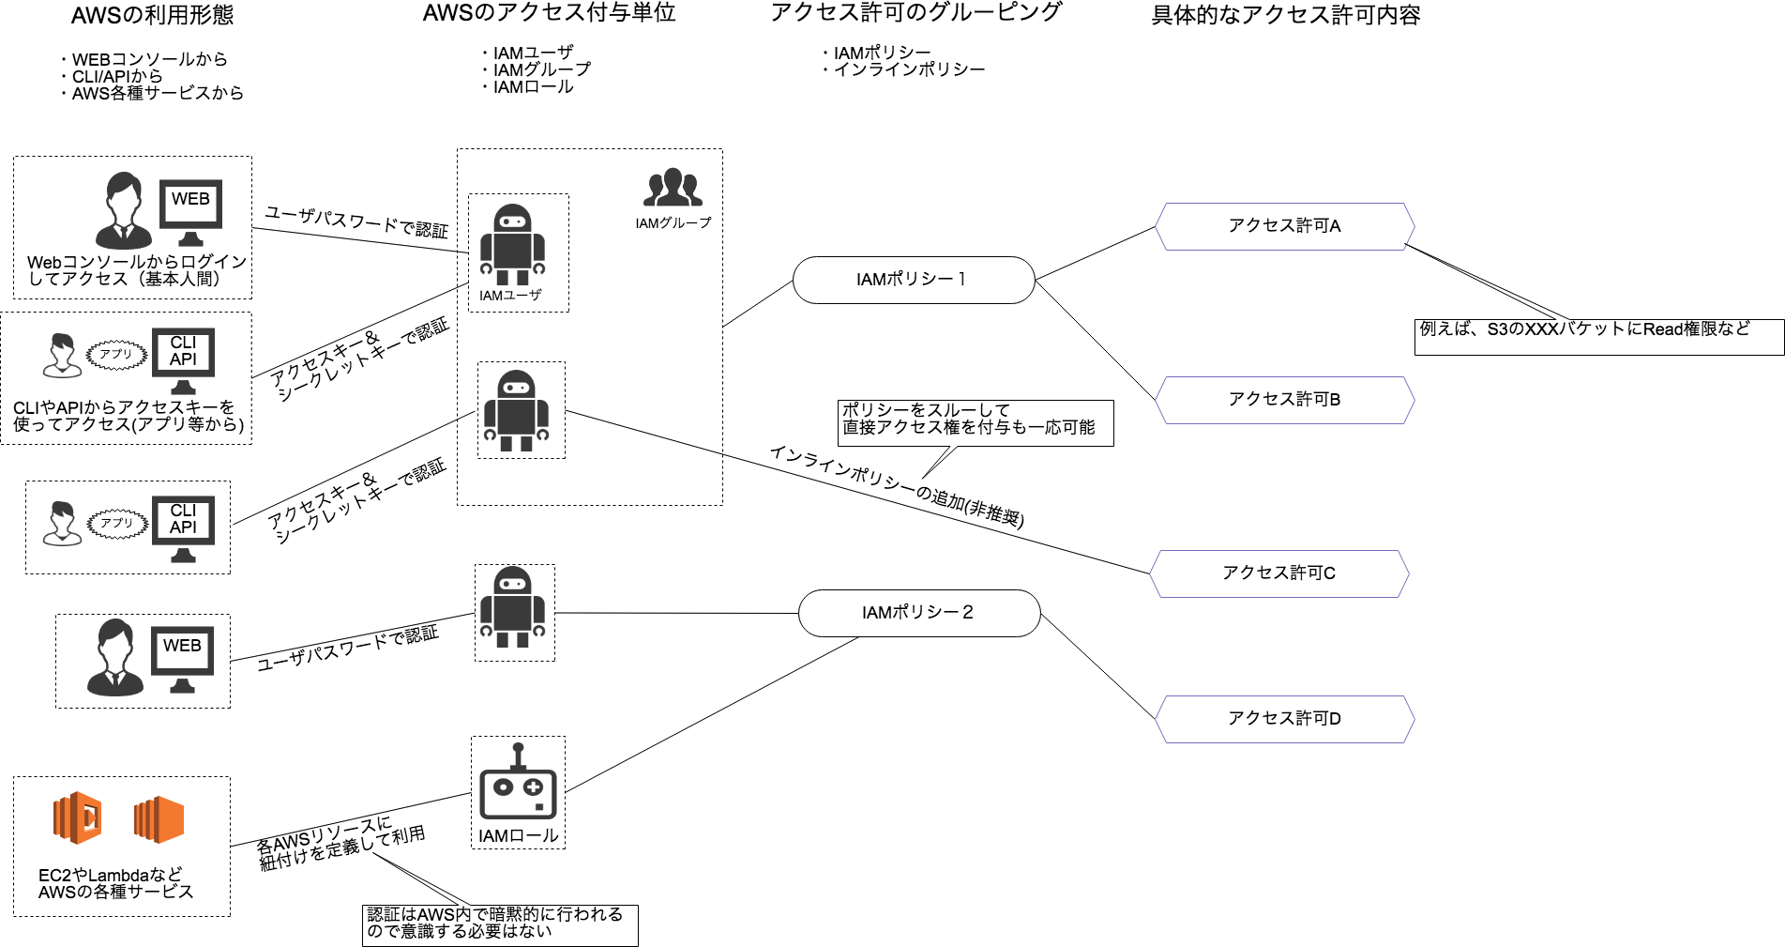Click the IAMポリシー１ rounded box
[914, 280]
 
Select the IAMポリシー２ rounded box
[919, 613]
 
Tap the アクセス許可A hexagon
[1284, 226]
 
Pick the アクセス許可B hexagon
[1284, 400]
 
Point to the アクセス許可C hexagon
[1279, 573]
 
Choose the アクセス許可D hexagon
[1284, 719]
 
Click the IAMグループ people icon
[673, 188]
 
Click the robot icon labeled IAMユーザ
[512, 245]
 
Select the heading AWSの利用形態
[152, 15]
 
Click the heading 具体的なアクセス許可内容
[1286, 15]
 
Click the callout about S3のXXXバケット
[1598, 337]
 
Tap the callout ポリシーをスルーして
[976, 423]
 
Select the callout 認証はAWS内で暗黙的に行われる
[500, 925]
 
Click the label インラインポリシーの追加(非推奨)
[897, 486]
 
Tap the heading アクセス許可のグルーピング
[915, 12]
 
